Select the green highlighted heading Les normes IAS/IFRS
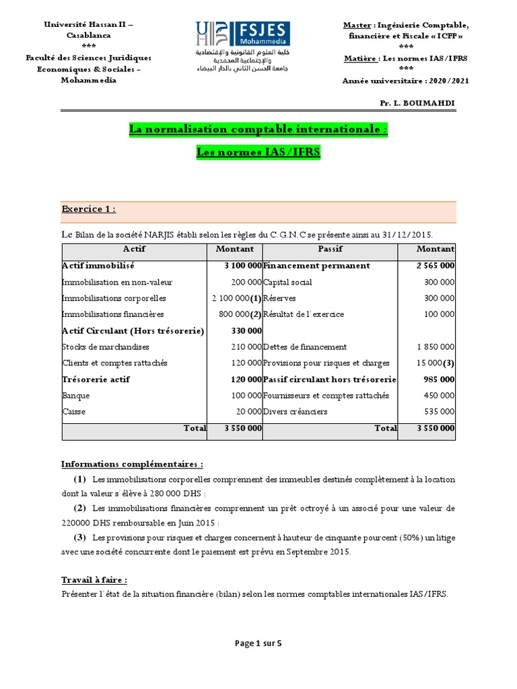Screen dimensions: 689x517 pos(258,153)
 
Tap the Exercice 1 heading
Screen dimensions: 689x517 pos(89,209)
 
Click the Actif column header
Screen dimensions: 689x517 pos(133,249)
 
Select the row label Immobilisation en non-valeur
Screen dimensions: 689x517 pos(114,282)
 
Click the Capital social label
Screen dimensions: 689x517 pos(287,282)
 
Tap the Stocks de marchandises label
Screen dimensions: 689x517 pos(106,347)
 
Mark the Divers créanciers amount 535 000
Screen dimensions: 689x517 pos(439,412)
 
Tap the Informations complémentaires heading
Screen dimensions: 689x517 pos(131,464)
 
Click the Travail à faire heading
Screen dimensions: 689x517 pos(94,580)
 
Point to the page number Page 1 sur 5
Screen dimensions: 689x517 pos(258,643)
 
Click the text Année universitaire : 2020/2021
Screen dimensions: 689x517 pos(406,80)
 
